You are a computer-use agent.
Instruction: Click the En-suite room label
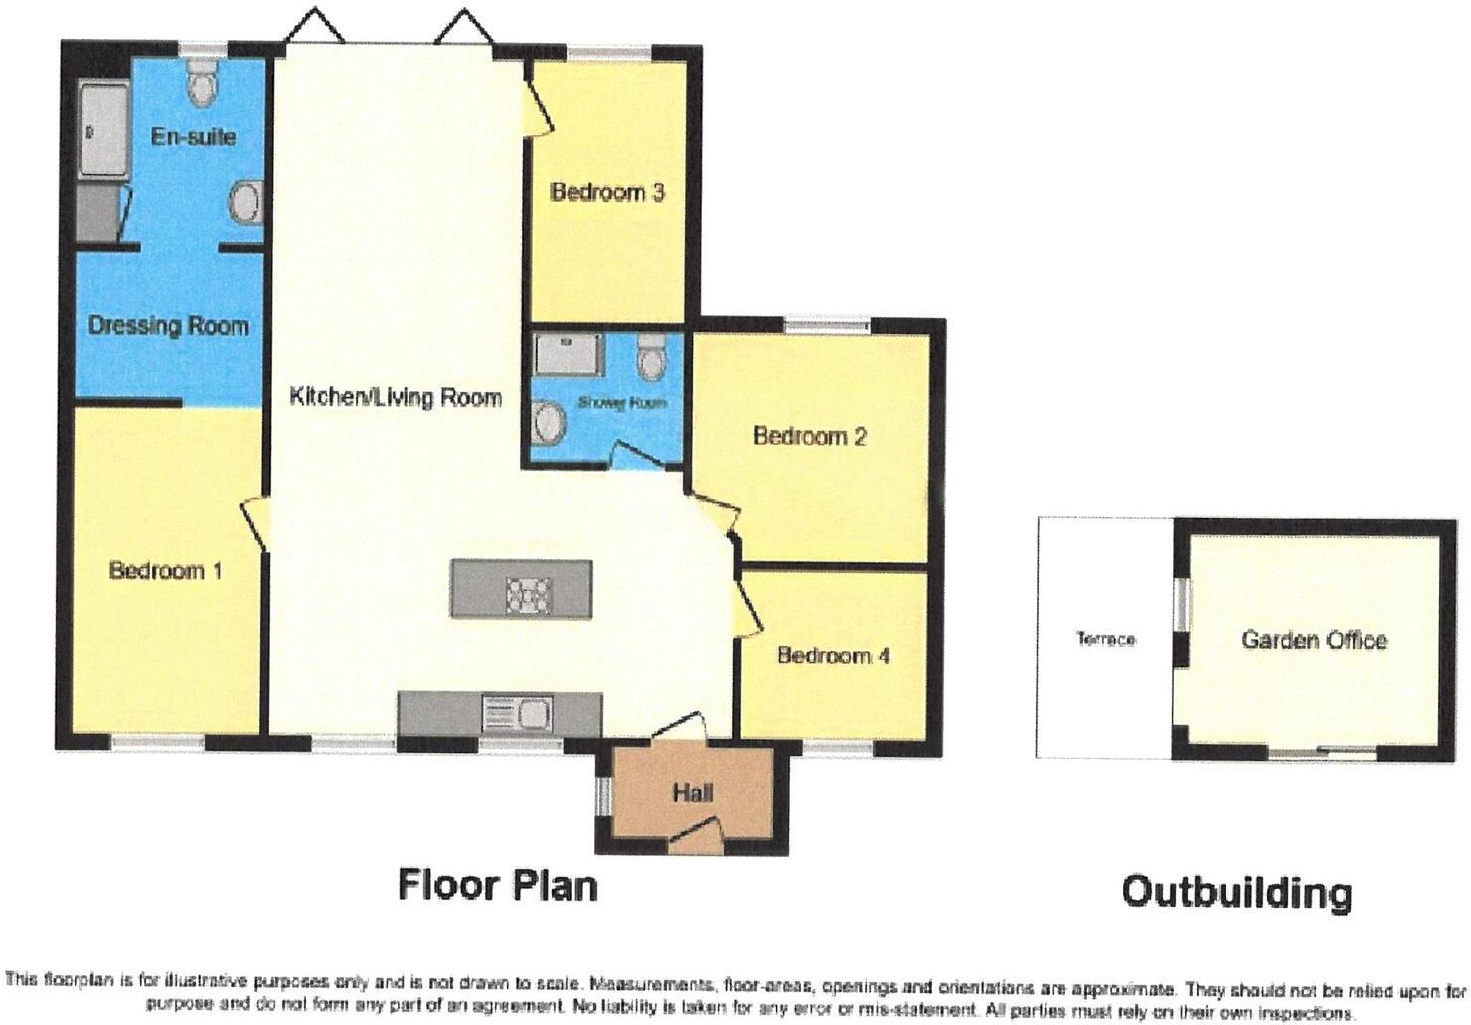point(193,136)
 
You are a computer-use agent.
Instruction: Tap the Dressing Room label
point(168,325)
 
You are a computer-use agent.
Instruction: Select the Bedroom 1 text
point(165,570)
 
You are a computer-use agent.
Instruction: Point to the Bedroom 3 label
point(607,192)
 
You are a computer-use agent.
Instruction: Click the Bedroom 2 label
point(810,436)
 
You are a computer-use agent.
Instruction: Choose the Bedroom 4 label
point(833,656)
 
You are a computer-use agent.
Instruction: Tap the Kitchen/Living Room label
point(395,397)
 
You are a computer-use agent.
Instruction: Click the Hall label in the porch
point(692,793)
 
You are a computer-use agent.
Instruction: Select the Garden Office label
point(1313,640)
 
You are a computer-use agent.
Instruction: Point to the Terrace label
point(1105,639)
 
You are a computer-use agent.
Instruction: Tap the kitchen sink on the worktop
point(514,711)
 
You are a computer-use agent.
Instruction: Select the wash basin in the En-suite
point(245,204)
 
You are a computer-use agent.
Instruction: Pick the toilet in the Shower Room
point(651,358)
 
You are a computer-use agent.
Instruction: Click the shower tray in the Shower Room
point(570,355)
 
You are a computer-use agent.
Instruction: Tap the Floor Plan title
point(497,884)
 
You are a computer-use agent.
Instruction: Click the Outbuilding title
point(1236,891)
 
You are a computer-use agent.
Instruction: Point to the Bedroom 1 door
point(252,521)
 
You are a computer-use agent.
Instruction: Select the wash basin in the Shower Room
point(548,424)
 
